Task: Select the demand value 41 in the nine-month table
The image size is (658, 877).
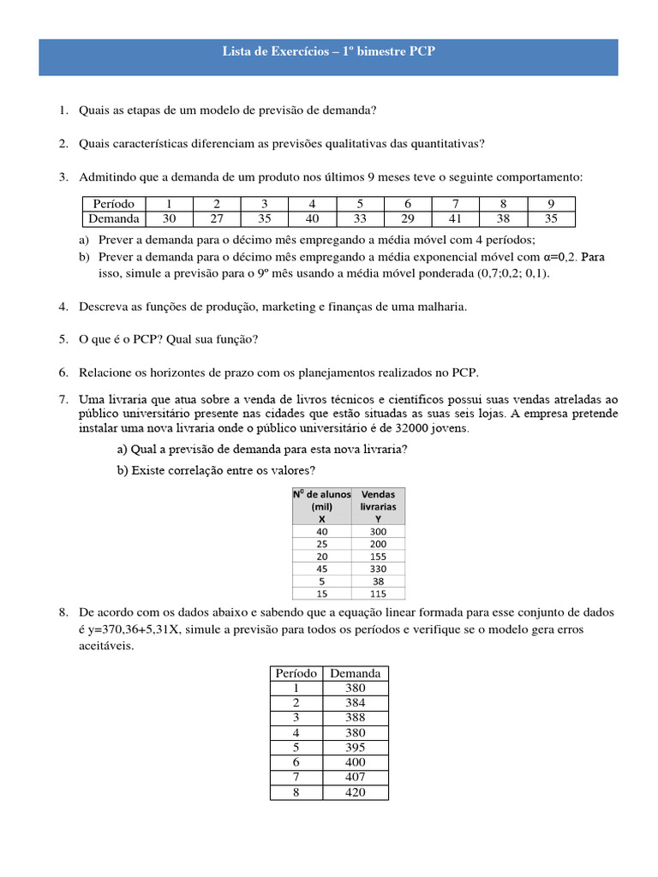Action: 455,218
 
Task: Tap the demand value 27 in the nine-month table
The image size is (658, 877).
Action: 217,218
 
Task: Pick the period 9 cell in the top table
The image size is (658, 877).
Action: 551,204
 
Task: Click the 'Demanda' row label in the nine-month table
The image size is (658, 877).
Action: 113,218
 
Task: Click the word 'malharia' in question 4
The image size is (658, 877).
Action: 440,307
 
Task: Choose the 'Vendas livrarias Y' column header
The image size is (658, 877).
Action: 378,506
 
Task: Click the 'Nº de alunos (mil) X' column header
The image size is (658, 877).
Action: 321,506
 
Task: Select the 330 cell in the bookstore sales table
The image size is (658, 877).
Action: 378,568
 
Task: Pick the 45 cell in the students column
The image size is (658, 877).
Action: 321,568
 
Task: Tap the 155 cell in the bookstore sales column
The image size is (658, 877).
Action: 378,556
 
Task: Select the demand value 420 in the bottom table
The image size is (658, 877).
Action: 356,792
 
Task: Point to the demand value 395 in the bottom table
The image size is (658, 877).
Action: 356,748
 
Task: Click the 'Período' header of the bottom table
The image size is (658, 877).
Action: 296,673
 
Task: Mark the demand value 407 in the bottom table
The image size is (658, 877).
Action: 356,778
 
